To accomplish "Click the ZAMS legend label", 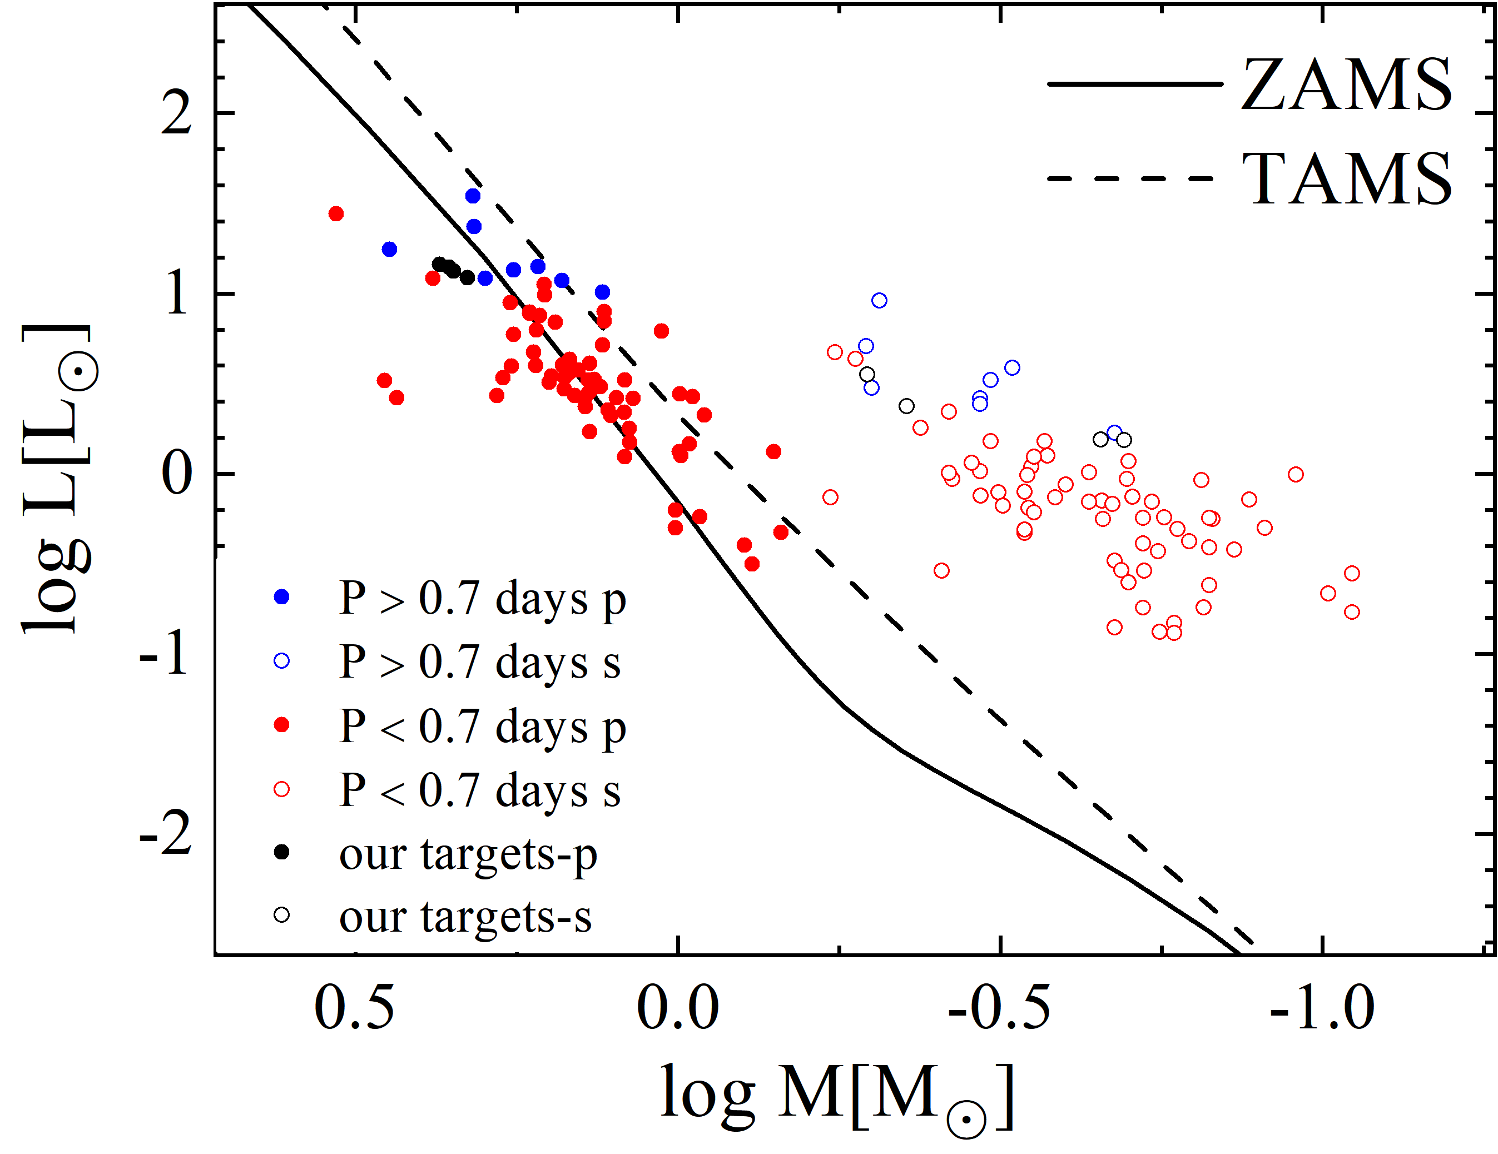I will pos(1346,85).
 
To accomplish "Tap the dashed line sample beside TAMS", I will pos(1131,178).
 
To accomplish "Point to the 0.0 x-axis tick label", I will pos(678,1008).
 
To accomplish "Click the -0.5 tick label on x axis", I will pos(999,1008).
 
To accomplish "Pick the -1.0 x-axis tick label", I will pos(1322,1008).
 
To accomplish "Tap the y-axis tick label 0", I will pos(176,475).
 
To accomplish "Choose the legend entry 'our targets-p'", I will pos(468,854).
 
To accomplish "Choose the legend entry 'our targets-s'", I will pos(465,917).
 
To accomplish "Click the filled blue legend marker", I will pos(282,596).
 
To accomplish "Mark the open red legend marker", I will pos(282,789).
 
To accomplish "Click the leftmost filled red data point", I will pos(336,214).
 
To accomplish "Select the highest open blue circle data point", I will pos(879,300).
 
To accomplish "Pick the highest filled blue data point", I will pos(473,196).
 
